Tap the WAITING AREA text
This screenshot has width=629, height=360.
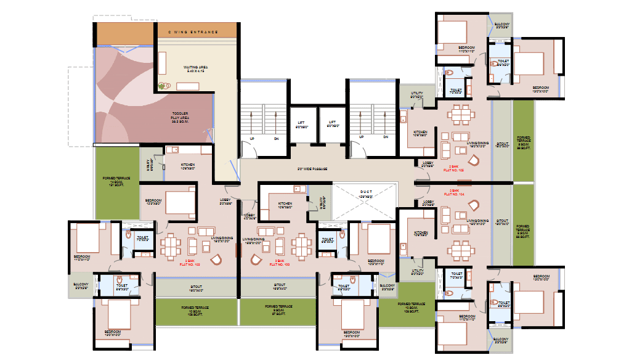click(197, 68)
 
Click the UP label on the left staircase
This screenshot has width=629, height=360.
click(252, 138)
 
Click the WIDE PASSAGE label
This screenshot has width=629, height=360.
click(312, 168)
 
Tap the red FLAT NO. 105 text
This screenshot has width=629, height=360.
click(457, 168)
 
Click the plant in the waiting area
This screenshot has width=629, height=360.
click(164, 86)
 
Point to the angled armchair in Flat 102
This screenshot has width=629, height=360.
click(216, 260)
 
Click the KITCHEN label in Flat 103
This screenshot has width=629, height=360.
click(285, 205)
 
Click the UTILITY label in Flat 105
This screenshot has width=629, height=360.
click(416, 96)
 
